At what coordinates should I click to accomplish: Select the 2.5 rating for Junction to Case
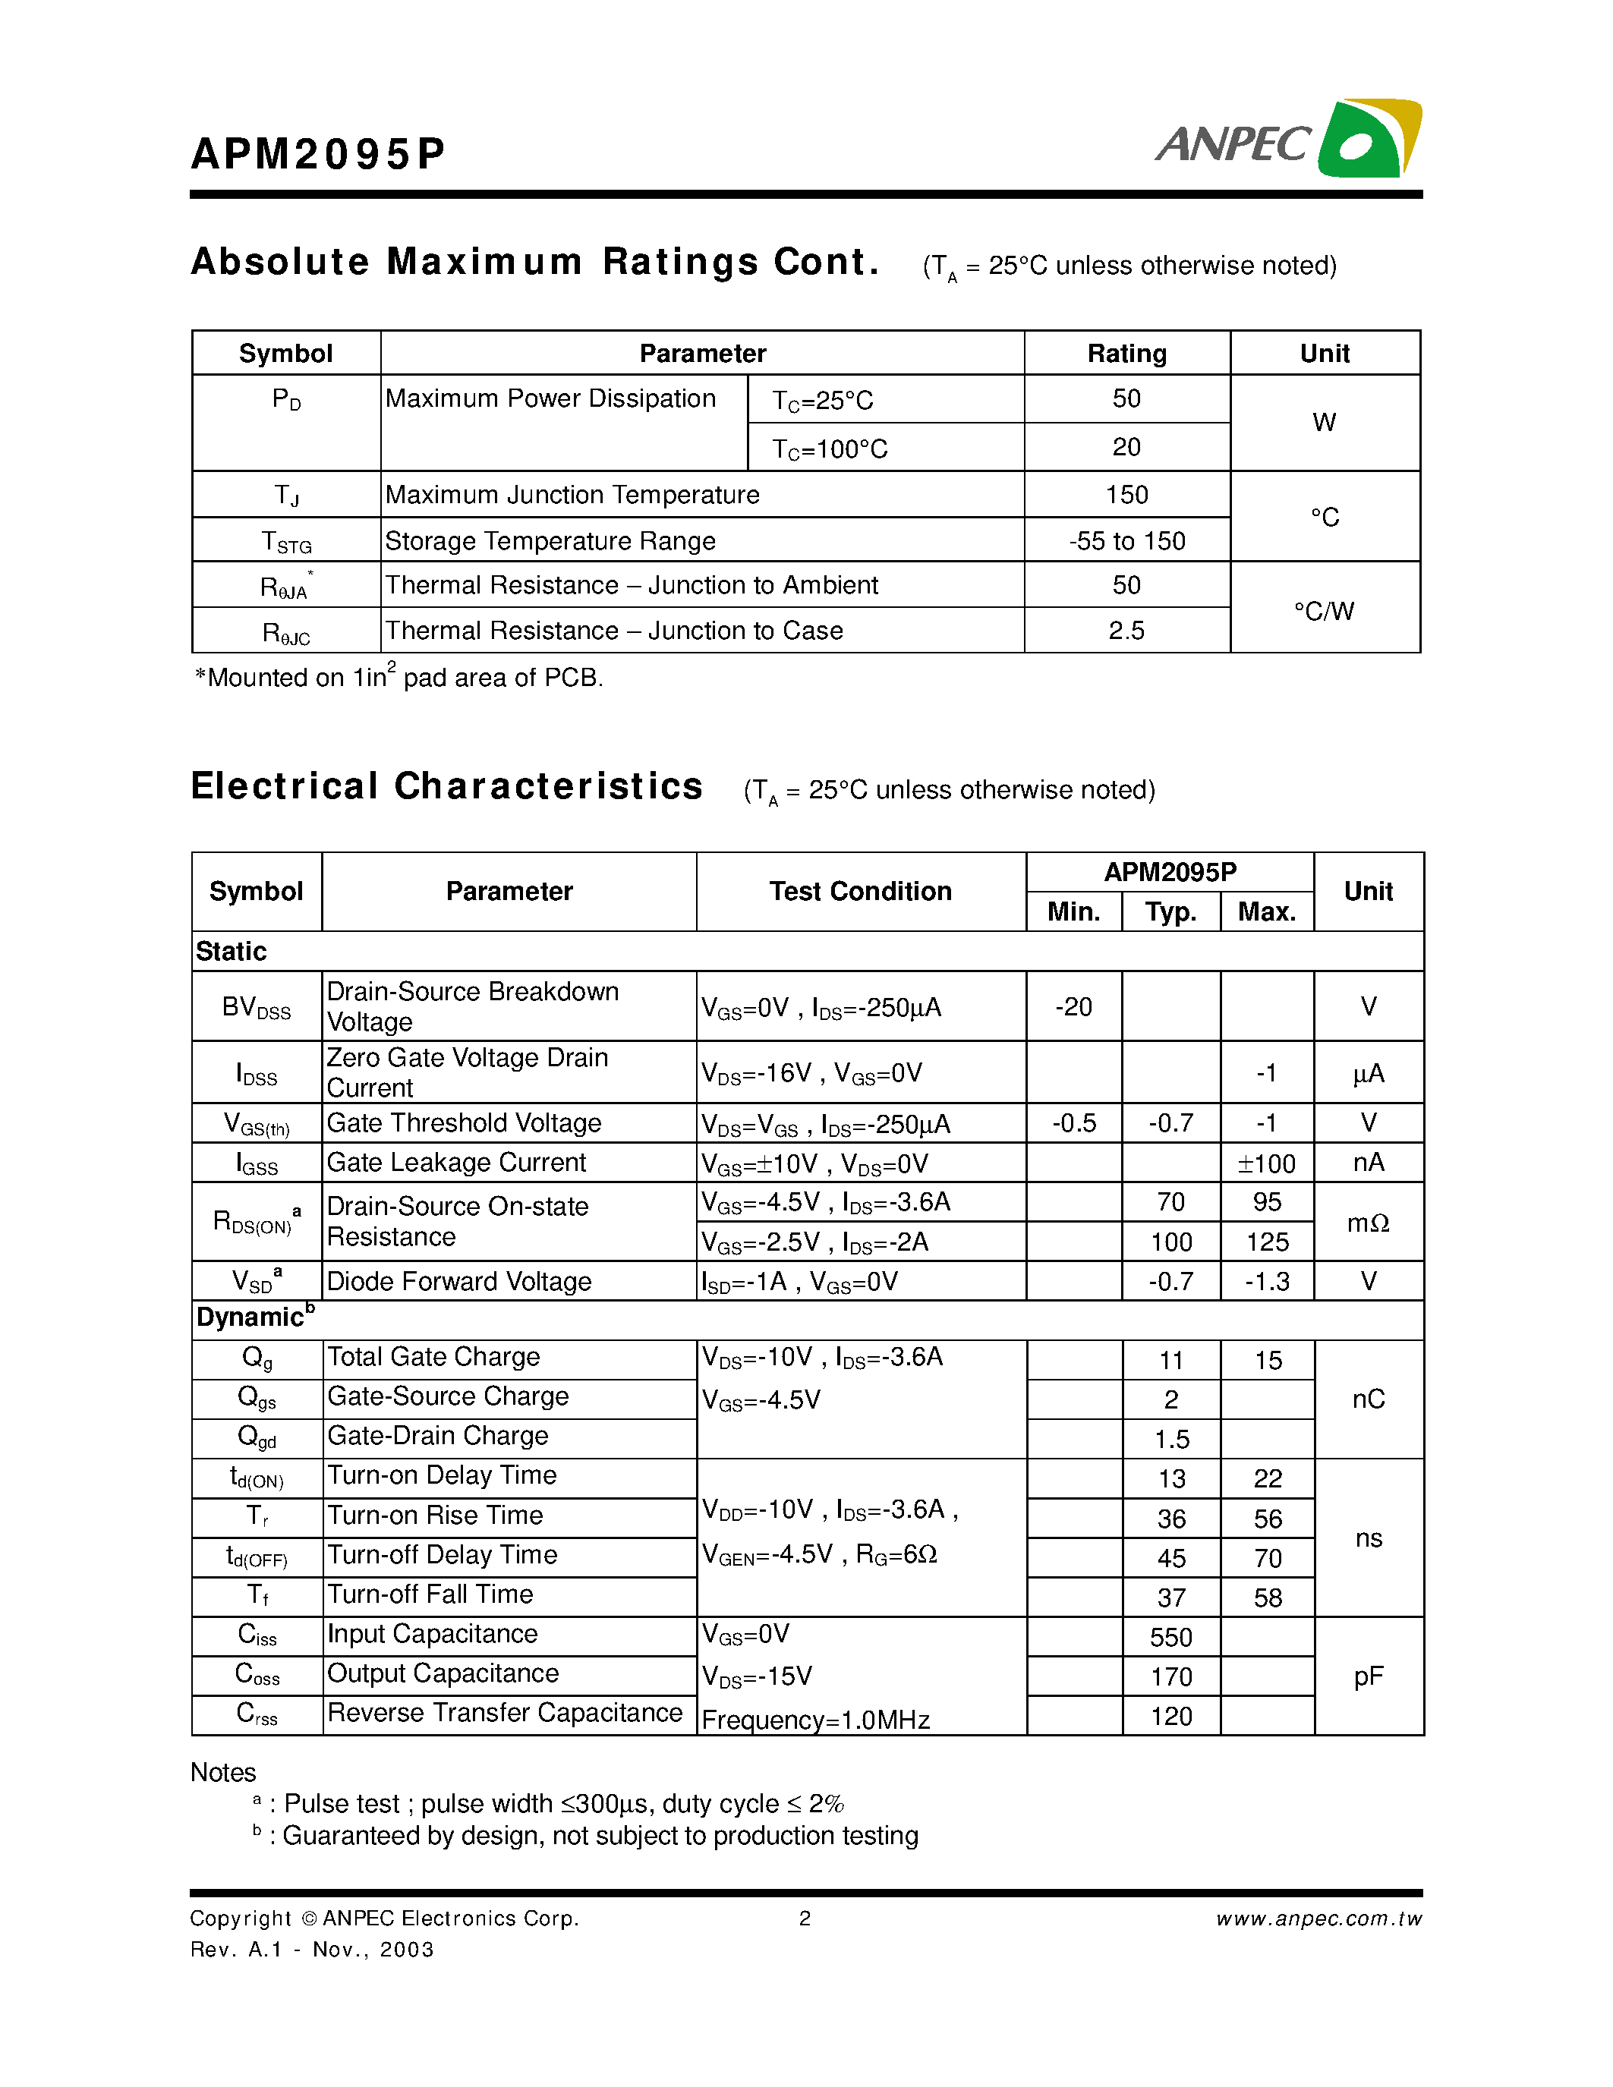click(1126, 631)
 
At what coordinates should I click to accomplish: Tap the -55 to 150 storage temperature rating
click(1126, 541)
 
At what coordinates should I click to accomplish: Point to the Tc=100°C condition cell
click(830, 449)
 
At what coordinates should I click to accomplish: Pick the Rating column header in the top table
click(1126, 354)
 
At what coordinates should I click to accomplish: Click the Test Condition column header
click(860, 891)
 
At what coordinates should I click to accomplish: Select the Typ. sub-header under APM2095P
click(1170, 911)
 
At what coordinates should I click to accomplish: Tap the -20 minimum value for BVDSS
click(1073, 1006)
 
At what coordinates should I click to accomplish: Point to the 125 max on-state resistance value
click(1267, 1242)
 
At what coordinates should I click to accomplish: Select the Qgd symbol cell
click(256, 1437)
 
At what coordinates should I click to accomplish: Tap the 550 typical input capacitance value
click(1170, 1637)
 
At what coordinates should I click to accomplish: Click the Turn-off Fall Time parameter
click(430, 1594)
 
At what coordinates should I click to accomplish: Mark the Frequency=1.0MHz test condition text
click(815, 1720)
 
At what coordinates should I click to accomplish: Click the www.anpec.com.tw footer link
click(1318, 1919)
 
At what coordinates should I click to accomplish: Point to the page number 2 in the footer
click(805, 1919)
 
